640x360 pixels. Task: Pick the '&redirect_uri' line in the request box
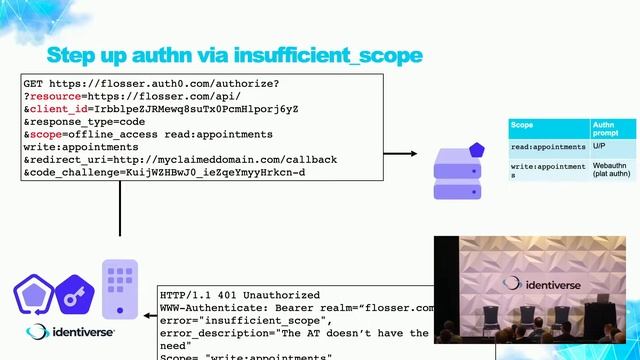click(x=180, y=160)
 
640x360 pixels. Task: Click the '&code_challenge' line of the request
click(x=164, y=173)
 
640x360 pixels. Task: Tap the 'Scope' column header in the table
click(x=522, y=126)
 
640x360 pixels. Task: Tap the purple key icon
click(x=75, y=295)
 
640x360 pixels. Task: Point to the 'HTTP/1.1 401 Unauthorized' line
click(x=241, y=297)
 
